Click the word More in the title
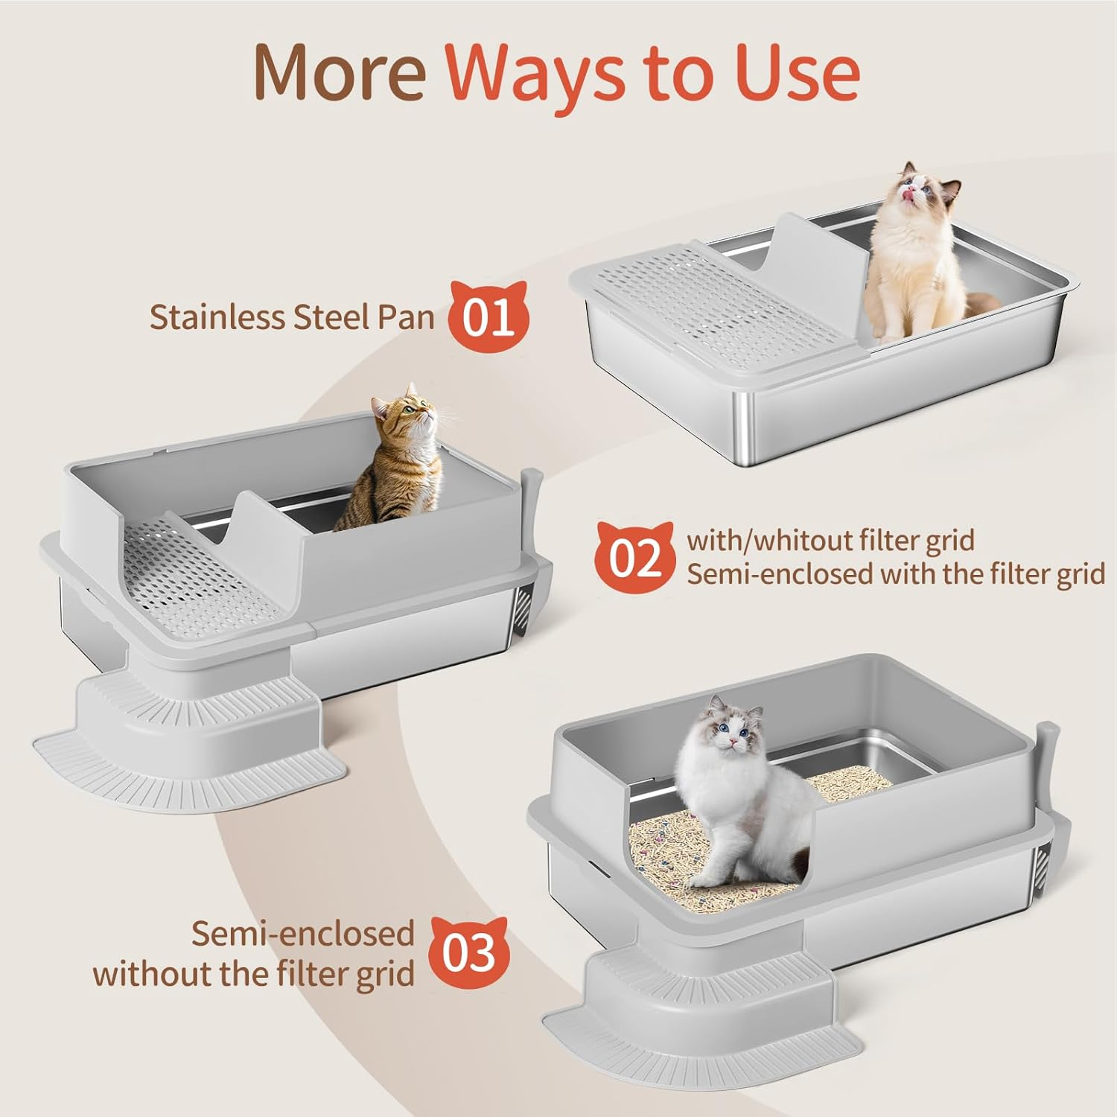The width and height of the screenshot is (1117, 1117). coord(339,72)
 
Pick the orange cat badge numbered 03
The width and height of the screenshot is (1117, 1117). coord(469,952)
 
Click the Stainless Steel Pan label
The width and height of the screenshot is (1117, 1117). coord(291,317)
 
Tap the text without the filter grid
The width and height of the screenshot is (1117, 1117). coord(253,973)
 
